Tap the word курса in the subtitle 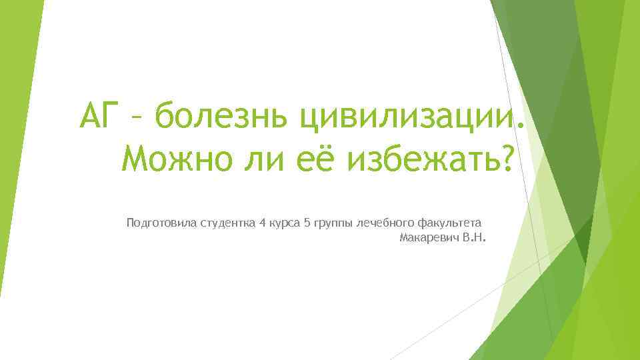[285, 223]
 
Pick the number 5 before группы [307, 222]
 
